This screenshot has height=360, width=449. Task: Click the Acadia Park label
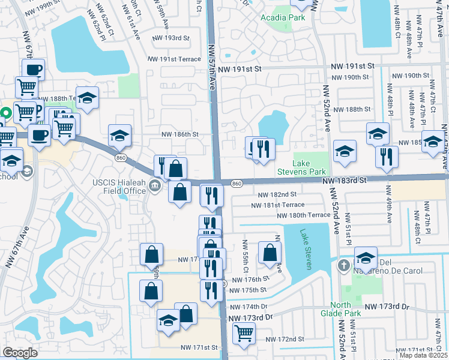click(x=283, y=17)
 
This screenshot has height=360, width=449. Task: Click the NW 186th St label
click(x=179, y=134)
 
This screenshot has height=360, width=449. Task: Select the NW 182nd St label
click(x=277, y=194)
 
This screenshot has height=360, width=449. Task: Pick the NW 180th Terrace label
click(x=303, y=215)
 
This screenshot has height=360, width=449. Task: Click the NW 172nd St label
click(x=285, y=339)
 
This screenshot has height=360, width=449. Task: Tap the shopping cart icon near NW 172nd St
click(x=244, y=332)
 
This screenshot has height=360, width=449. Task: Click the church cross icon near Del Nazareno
click(x=343, y=265)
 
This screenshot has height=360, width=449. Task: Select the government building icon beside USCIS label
click(x=155, y=186)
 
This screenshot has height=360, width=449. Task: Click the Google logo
click(x=20, y=353)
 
